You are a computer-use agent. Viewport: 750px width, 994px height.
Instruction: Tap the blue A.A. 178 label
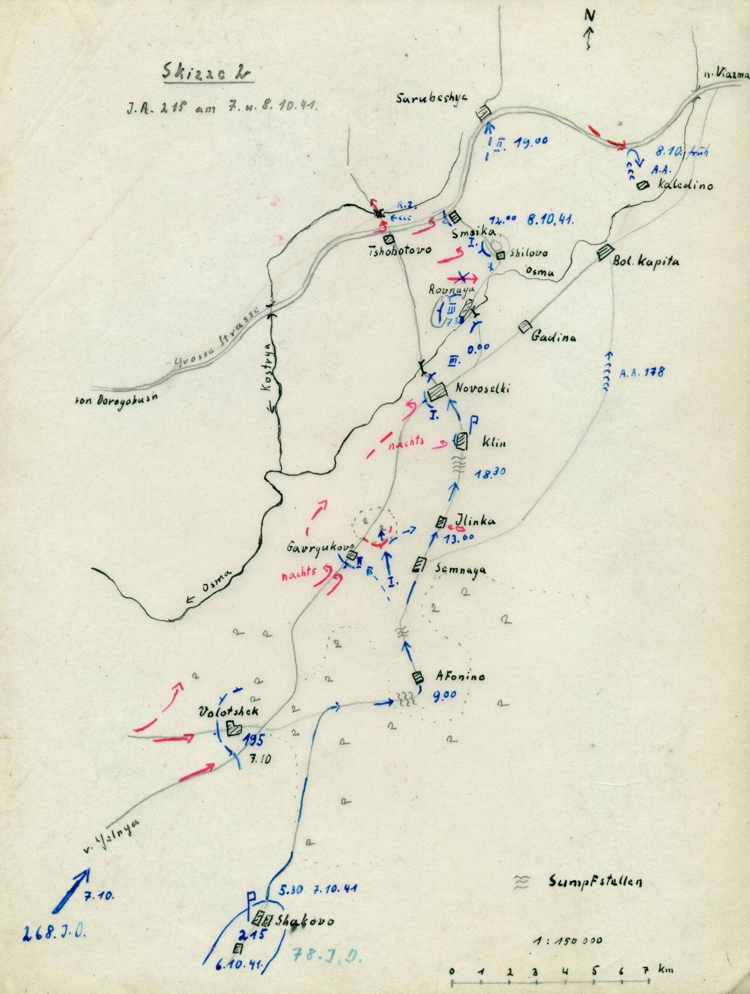642,373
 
